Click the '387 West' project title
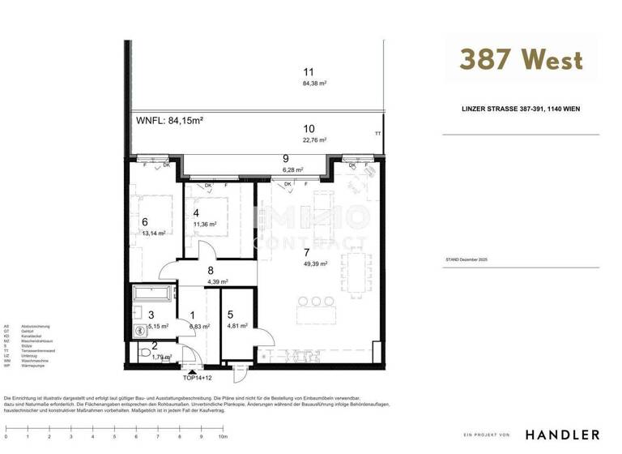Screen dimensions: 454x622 (x=521, y=59)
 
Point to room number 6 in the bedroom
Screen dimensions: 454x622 (x=144, y=221)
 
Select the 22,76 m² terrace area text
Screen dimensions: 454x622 (x=313, y=139)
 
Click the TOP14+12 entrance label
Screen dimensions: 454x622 (x=198, y=378)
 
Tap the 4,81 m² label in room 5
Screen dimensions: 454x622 (x=238, y=326)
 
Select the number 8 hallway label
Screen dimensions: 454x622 (x=211, y=272)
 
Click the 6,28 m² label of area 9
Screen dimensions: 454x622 (x=292, y=170)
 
